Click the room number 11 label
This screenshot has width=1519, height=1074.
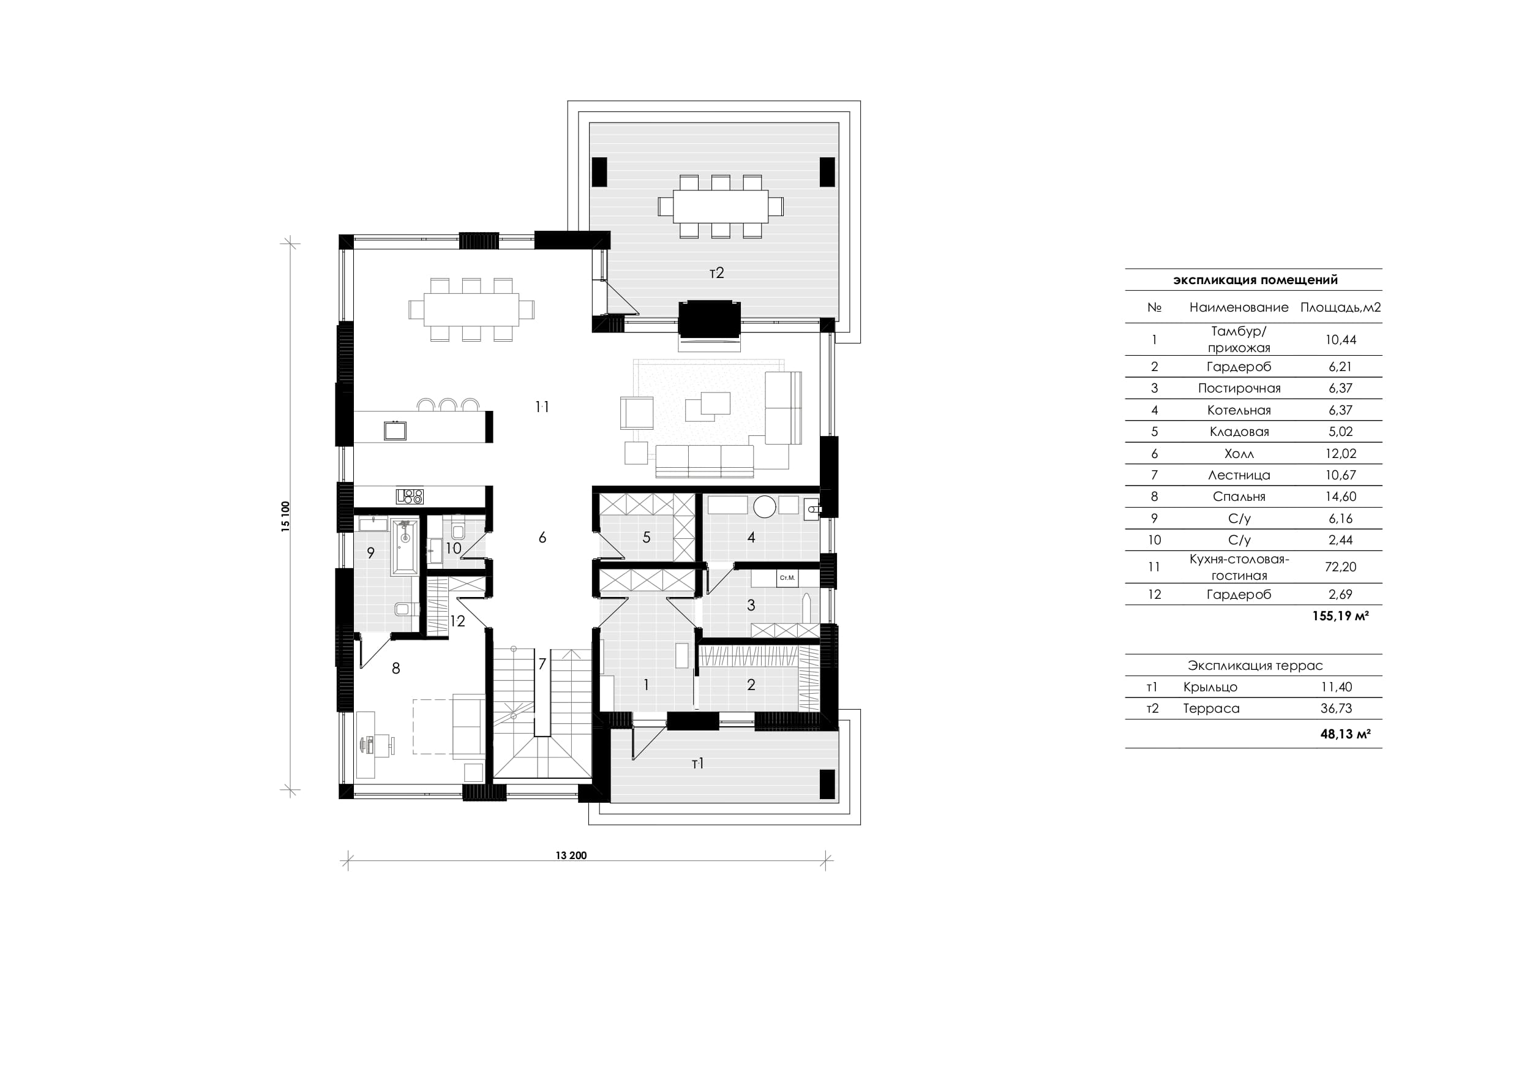[x=542, y=407]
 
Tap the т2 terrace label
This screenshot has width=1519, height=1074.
[x=716, y=272]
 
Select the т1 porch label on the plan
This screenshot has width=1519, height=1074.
[x=697, y=764]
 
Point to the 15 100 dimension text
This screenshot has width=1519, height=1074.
[x=286, y=517]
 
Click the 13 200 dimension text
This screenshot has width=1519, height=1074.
[x=571, y=855]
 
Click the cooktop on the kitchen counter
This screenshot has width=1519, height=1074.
[x=410, y=495]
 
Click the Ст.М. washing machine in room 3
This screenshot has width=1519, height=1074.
[x=787, y=577]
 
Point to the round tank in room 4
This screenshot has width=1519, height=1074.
[x=764, y=507]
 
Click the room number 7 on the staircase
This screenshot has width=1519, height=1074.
[x=542, y=664]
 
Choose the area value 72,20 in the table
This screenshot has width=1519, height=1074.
[x=1340, y=567]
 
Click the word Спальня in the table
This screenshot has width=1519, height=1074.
[x=1239, y=497]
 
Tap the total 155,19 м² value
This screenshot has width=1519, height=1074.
[x=1340, y=616]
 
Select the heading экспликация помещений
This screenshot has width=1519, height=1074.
[x=1255, y=280]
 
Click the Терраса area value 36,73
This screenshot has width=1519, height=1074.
[x=1337, y=708]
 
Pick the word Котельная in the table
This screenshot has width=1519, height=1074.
[x=1239, y=410]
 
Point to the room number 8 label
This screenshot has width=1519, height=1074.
[x=396, y=669]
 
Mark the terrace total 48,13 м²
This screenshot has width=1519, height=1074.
[x=1345, y=734]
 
